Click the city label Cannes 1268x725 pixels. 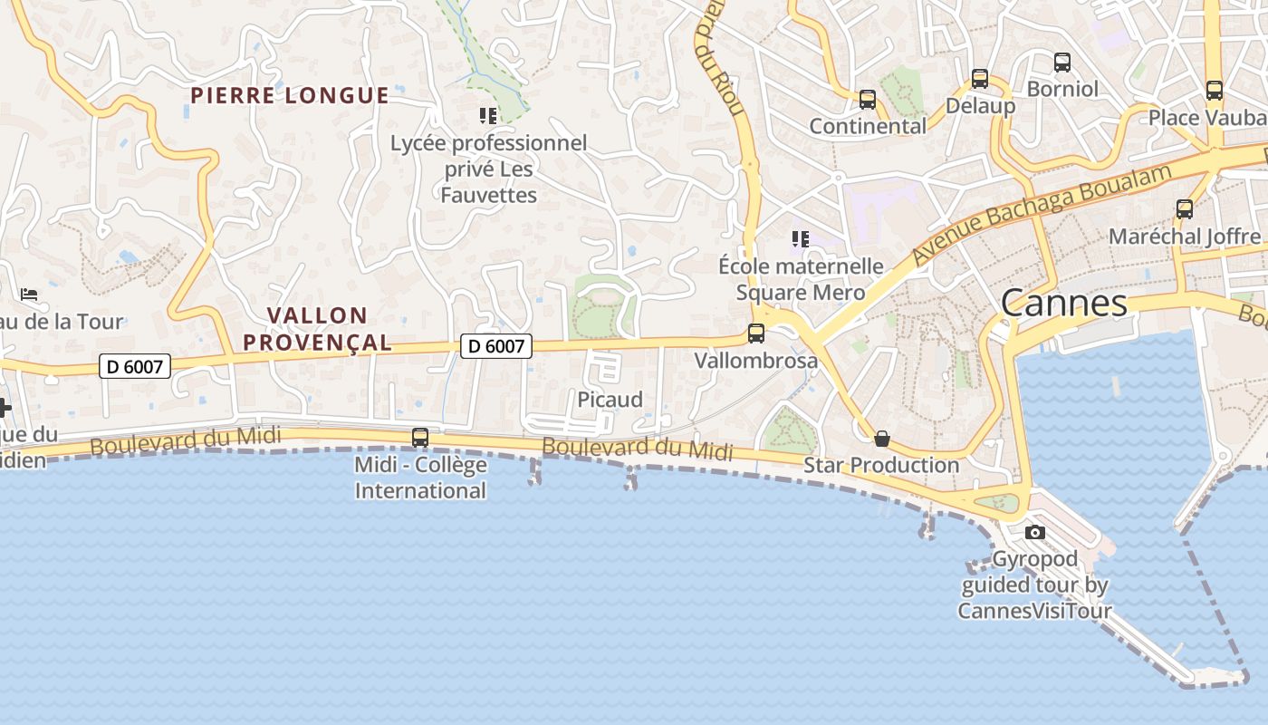1064,304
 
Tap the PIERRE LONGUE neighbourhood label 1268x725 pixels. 290,95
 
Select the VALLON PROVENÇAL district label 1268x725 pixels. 330,329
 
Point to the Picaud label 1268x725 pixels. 610,400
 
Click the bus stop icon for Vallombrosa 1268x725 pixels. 756,333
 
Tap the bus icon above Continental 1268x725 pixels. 868,100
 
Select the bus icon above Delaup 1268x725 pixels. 980,79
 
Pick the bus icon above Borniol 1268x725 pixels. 1062,63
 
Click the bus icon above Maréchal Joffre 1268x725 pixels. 1185,209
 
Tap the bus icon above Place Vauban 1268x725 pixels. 1215,91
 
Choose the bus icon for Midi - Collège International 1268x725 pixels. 420,438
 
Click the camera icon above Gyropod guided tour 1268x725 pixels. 1035,532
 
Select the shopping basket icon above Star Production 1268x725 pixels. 882,440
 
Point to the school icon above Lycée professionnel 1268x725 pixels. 488,116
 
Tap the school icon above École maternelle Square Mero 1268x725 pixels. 800,239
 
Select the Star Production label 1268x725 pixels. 881,465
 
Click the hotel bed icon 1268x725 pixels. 29,295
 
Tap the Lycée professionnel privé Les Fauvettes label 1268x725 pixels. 488,169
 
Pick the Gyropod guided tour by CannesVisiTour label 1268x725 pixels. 1035,585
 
